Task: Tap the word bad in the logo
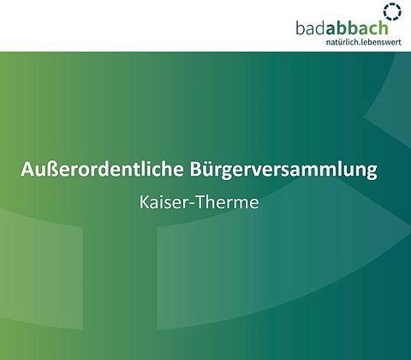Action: click(x=311, y=28)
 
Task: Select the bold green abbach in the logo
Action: click(x=357, y=28)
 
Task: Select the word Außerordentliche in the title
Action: click(x=102, y=170)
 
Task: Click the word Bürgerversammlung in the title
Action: click(x=283, y=171)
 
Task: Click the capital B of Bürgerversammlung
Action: click(x=195, y=170)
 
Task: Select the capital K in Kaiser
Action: click(x=144, y=202)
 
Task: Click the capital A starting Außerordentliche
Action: click(x=27, y=170)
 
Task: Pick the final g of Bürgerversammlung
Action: click(x=372, y=173)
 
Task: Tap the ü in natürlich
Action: click(x=339, y=42)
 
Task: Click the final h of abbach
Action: click(x=384, y=28)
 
